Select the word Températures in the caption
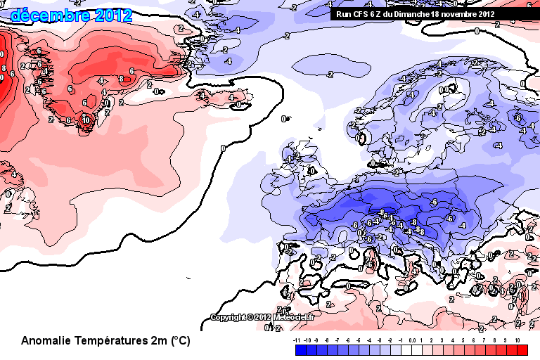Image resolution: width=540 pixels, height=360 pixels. coord(115,341)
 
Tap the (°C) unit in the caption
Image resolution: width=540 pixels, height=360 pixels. coord(180,341)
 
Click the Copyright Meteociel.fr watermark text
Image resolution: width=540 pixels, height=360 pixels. coord(263,317)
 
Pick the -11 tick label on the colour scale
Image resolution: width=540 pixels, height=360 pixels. coord(297,340)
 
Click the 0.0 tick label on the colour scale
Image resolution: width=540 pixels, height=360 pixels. coord(411,340)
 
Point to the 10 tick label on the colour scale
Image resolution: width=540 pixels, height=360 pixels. coord(517,340)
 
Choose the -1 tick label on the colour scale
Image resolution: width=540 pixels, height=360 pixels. coord(401,340)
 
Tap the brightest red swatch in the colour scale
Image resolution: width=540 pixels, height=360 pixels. coord(522,349)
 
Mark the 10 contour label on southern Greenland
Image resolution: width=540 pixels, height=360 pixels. coord(86,120)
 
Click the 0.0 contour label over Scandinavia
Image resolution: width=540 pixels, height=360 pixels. coord(444,90)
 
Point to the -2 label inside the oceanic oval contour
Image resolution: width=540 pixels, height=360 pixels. coord(330,75)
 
